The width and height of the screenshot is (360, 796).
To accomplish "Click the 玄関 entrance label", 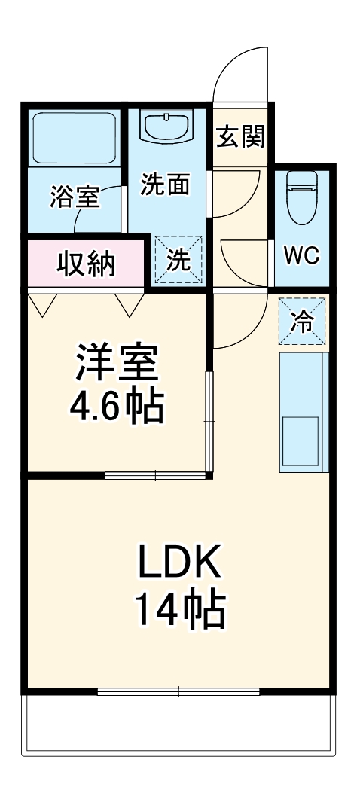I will [241, 137].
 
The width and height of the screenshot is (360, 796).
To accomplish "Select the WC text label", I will [301, 256].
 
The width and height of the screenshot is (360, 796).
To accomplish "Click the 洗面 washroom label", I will [165, 185].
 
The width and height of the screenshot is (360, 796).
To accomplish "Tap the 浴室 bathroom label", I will [75, 197].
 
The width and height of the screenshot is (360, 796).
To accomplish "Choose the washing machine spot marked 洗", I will [178, 261].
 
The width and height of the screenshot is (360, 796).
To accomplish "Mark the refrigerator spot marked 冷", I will [302, 322].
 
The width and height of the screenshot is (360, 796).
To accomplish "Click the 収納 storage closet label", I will [86, 264].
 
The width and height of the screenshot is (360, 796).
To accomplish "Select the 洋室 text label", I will [116, 364].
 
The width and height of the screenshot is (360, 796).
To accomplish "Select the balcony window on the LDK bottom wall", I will [178, 691].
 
